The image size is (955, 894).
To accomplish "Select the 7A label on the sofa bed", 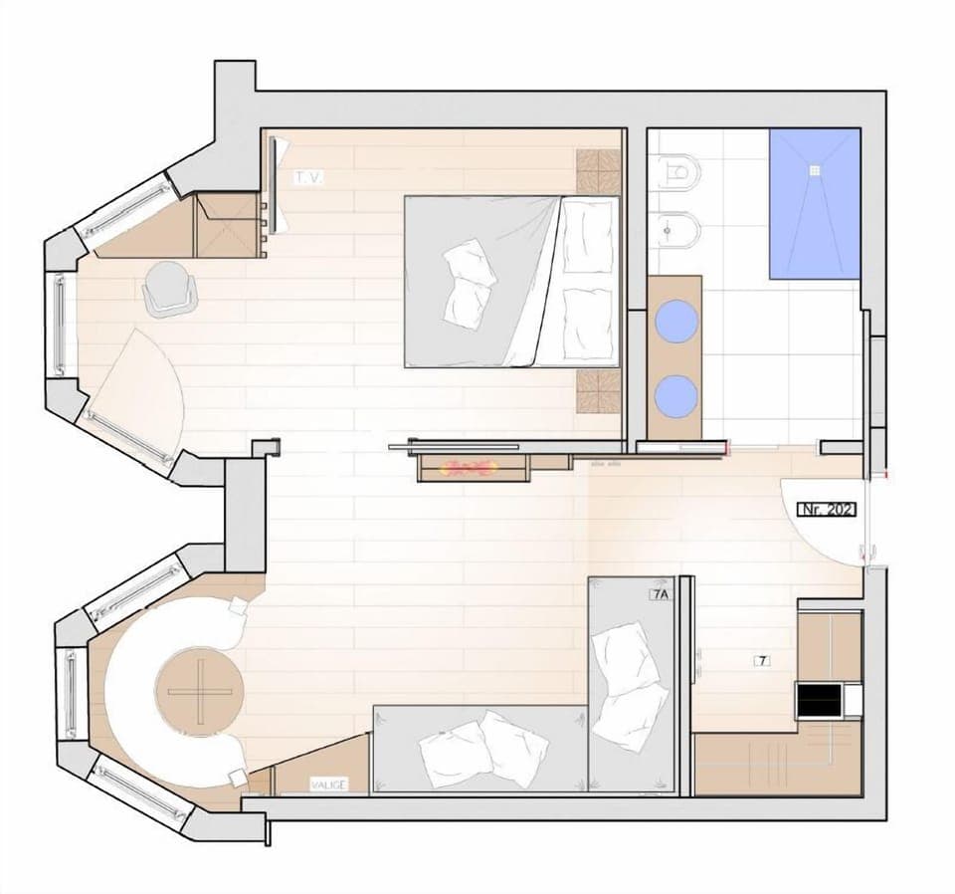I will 659,594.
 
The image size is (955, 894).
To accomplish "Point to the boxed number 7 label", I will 762,660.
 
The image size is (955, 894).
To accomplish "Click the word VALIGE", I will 327,784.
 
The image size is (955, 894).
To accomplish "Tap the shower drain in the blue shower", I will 816,169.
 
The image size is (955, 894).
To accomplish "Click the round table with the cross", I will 199,691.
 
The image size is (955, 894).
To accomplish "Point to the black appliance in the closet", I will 819,699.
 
